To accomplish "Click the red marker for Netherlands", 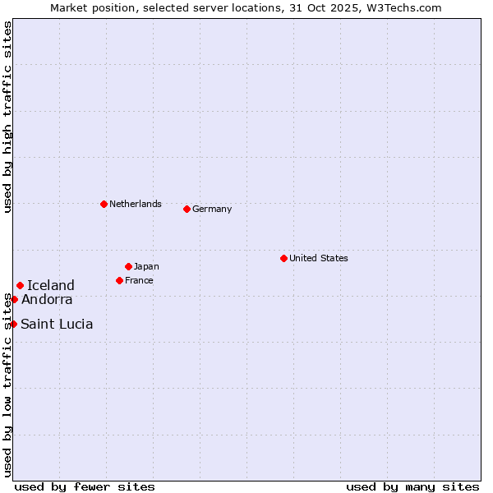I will click(104, 204).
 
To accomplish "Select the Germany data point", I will click(187, 209).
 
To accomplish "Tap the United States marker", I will click(283, 258).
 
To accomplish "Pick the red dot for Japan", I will click(128, 266).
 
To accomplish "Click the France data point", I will click(119, 280).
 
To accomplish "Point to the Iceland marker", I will click(20, 285).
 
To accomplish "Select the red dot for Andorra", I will click(14, 299).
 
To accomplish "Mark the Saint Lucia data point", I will click(13, 324).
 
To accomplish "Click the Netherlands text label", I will click(136, 204).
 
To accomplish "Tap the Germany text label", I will click(212, 209).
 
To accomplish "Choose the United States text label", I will click(319, 258).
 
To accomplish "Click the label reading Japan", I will click(146, 266).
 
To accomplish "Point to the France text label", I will click(139, 280).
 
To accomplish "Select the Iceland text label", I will click(51, 285).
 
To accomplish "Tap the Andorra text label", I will click(47, 299).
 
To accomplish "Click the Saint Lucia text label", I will click(57, 324).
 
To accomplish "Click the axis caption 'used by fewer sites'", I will click(85, 486).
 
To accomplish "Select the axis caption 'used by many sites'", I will click(412, 486).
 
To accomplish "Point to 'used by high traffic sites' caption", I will click(7, 117).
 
